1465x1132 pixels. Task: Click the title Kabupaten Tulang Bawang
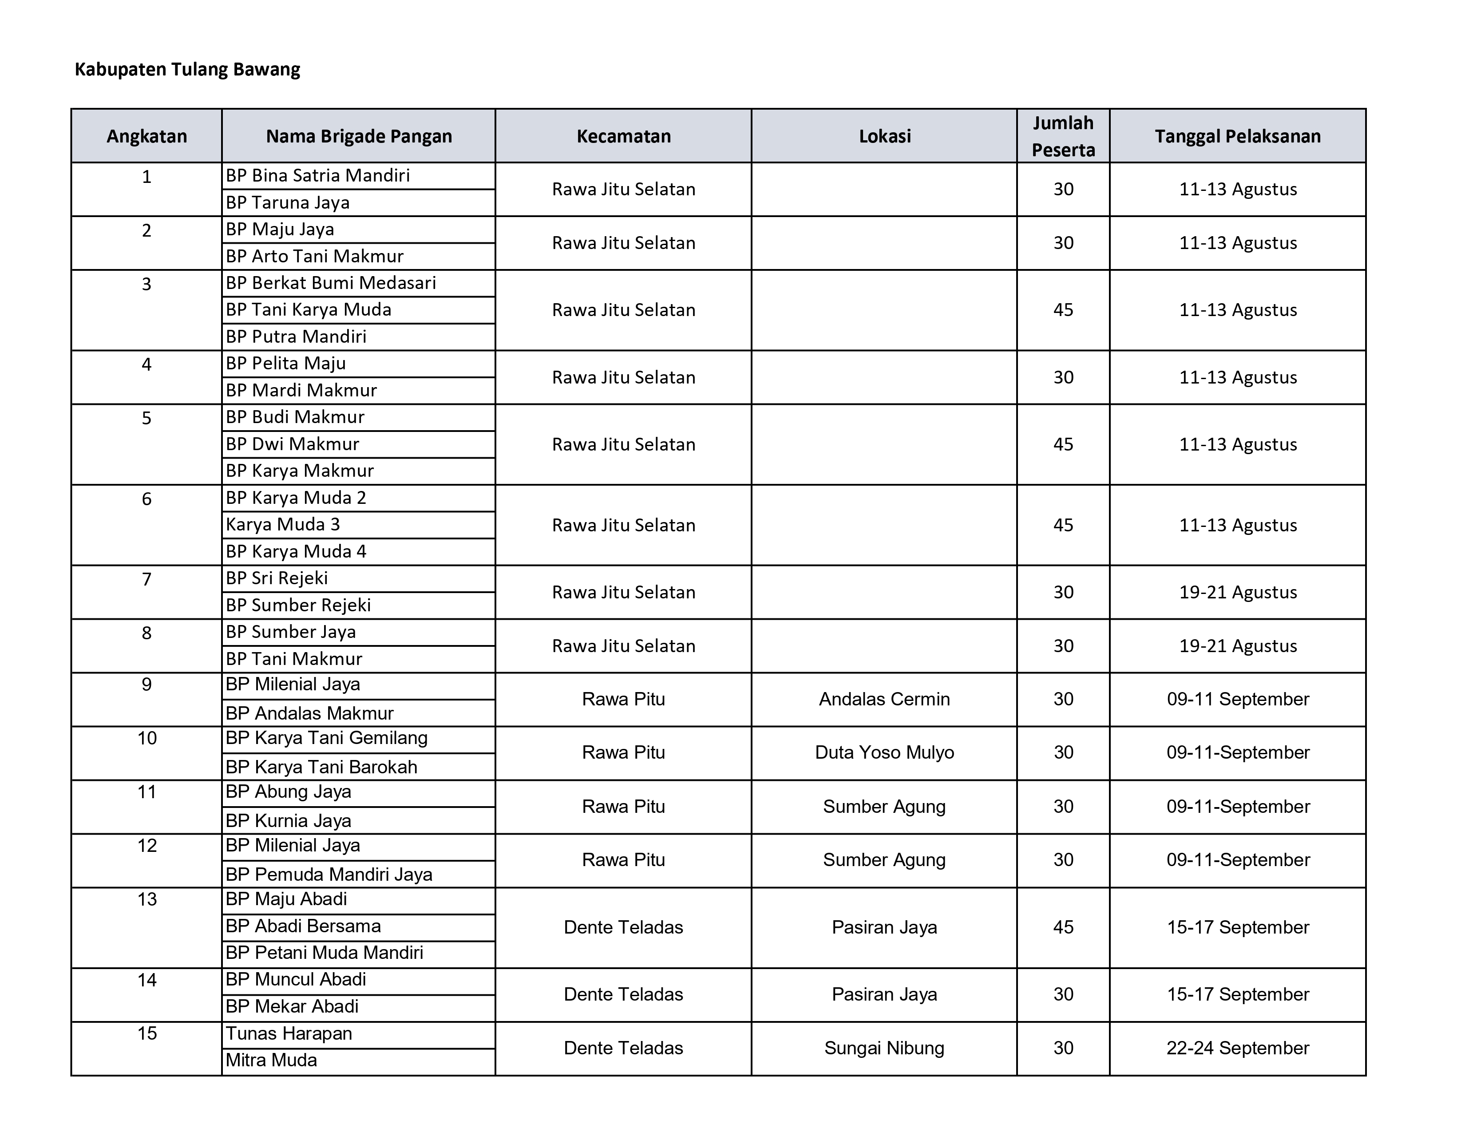click(187, 69)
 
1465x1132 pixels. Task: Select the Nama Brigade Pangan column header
click(359, 136)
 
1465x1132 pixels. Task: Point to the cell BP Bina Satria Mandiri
click(317, 176)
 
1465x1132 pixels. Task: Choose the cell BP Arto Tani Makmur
click(314, 256)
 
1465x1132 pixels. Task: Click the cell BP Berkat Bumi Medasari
click(331, 283)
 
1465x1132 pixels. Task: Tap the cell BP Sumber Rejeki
click(298, 605)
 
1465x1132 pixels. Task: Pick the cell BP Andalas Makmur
click(309, 713)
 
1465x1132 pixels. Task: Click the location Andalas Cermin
click(884, 699)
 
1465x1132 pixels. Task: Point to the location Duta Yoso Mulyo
click(884, 752)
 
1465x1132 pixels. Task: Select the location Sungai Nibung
click(884, 1048)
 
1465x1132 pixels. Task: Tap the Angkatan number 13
click(147, 899)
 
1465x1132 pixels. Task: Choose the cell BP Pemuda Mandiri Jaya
click(329, 874)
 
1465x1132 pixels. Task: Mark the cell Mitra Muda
click(271, 1060)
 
